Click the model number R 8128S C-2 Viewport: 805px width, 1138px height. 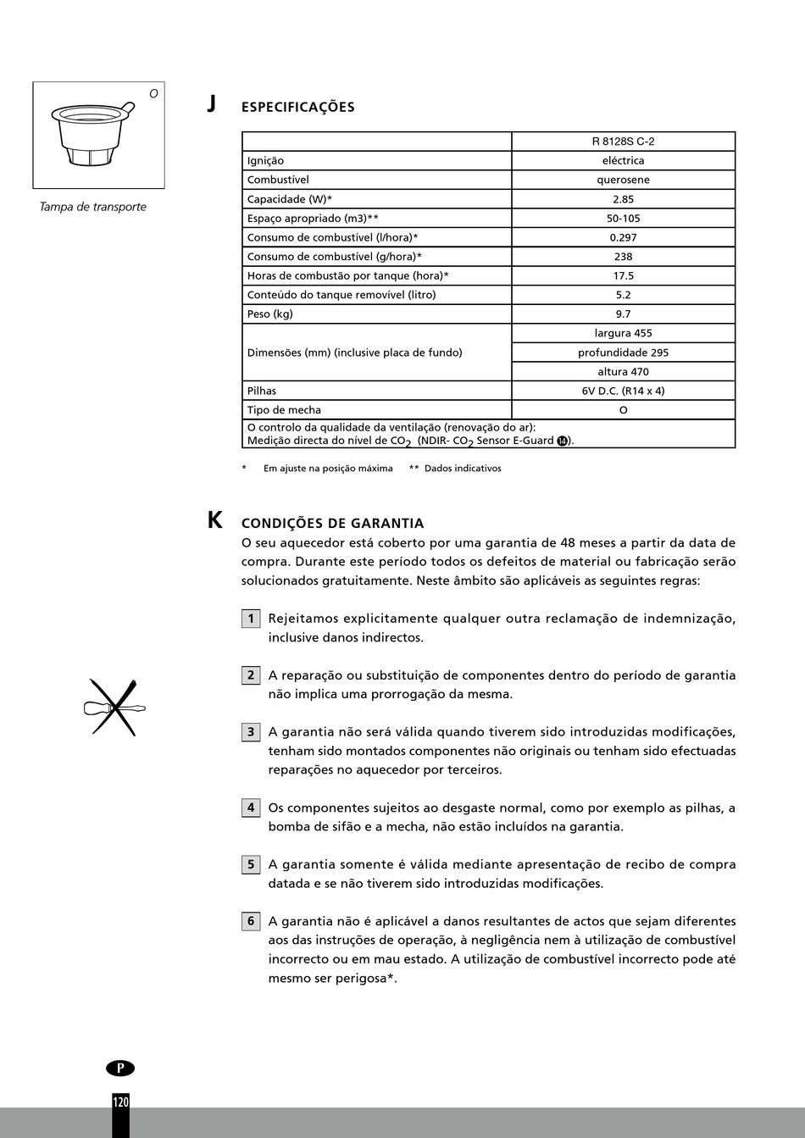(x=623, y=142)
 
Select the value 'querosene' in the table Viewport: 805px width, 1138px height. (x=623, y=180)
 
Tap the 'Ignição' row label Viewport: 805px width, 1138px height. (x=265, y=161)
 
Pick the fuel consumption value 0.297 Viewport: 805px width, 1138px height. (x=623, y=237)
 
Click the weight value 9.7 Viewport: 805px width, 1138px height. (x=623, y=314)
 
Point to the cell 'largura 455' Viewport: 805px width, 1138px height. (x=623, y=333)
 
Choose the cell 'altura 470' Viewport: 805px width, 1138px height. (x=623, y=371)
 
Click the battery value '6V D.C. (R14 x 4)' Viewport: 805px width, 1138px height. (x=623, y=391)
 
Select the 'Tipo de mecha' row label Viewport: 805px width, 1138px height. (x=284, y=410)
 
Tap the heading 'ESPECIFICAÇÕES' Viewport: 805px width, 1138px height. (x=297, y=108)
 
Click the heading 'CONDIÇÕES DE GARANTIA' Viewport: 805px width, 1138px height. (x=332, y=524)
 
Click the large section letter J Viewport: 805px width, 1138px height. (x=212, y=104)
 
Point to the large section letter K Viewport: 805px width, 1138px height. (x=215, y=520)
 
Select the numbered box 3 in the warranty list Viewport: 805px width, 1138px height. (x=250, y=732)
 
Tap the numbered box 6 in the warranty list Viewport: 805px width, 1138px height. (x=250, y=922)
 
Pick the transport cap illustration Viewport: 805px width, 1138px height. (x=92, y=133)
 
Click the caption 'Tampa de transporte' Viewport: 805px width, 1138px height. (x=92, y=207)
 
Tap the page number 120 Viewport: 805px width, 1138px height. (x=120, y=1102)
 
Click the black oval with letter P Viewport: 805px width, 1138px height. (x=120, y=1069)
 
